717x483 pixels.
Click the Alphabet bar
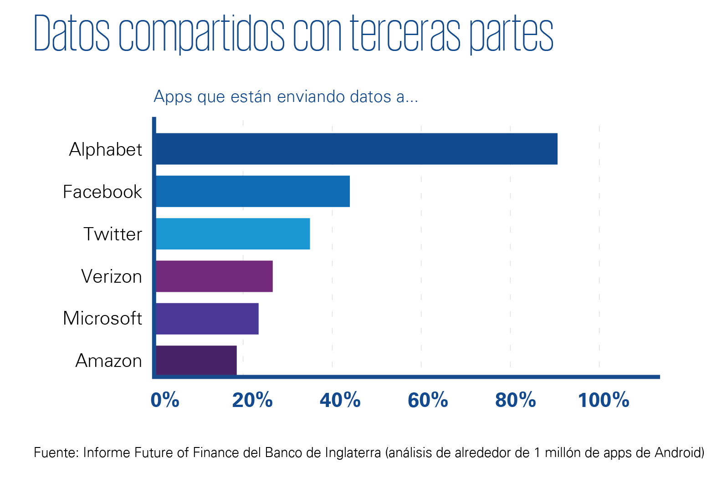click(356, 149)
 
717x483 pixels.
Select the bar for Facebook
click(253, 191)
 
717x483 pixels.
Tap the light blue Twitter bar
click(233, 234)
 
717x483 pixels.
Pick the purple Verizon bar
click(214, 276)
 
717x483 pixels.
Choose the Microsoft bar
click(207, 319)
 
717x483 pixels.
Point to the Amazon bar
click(196, 360)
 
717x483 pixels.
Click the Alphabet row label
click(105, 149)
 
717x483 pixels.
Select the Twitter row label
click(113, 234)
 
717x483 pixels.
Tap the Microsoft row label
click(102, 318)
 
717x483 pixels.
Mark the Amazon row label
click(108, 361)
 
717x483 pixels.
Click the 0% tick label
click(165, 400)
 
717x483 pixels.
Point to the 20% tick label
click(252, 400)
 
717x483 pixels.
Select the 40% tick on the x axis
click(340, 400)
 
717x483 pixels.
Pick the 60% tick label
click(428, 400)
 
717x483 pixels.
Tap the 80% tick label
click(516, 400)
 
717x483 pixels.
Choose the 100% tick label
click(604, 400)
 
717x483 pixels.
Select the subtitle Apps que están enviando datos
click(286, 97)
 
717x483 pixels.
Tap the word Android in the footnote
click(679, 452)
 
